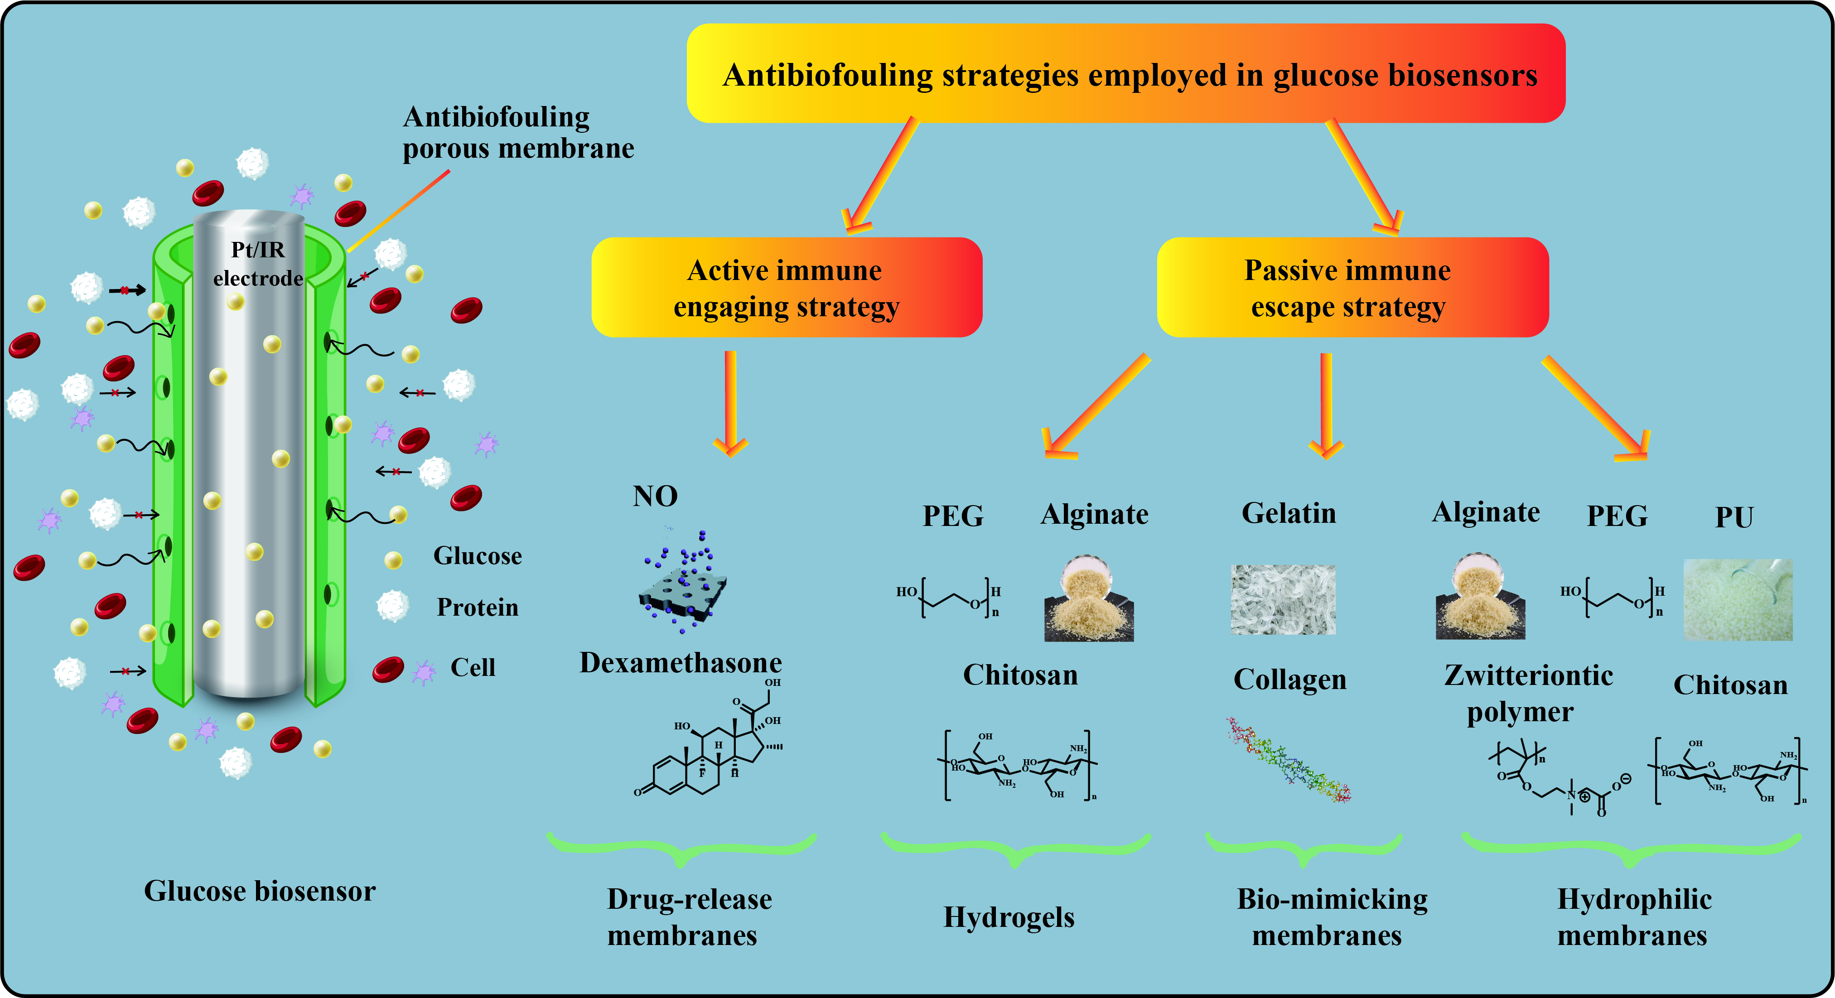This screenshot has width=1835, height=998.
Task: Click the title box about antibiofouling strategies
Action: point(1125,74)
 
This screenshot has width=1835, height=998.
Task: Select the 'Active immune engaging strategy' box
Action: point(787,288)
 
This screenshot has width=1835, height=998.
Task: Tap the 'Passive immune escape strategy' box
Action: point(1352,288)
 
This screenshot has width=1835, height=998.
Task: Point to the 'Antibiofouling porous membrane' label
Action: point(518,132)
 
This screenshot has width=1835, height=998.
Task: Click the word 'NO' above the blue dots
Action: point(655,496)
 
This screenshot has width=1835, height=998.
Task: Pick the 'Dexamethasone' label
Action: point(680,662)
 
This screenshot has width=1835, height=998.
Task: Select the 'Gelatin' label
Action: point(1289,513)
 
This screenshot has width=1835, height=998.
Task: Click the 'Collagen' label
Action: point(1290,679)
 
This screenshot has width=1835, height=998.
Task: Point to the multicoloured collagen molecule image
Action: point(1288,761)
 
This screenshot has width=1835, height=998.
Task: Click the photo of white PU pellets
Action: point(1738,600)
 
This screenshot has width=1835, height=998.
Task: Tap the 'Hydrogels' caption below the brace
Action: point(1009,917)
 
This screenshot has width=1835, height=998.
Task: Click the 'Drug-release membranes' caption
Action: point(688,917)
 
